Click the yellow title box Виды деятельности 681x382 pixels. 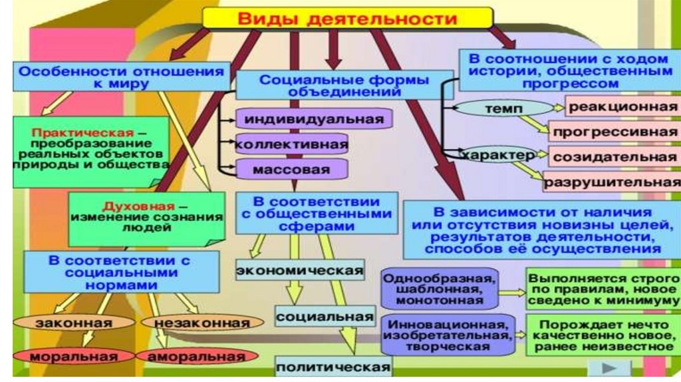coord(347,17)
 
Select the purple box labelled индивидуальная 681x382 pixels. coord(313,120)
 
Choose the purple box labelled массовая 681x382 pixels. coord(291,170)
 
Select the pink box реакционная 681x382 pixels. coord(622,106)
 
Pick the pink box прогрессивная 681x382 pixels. coord(614,130)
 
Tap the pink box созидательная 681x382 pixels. coord(614,157)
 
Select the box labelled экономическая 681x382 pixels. coord(300,270)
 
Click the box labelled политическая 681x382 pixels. coord(333,366)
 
